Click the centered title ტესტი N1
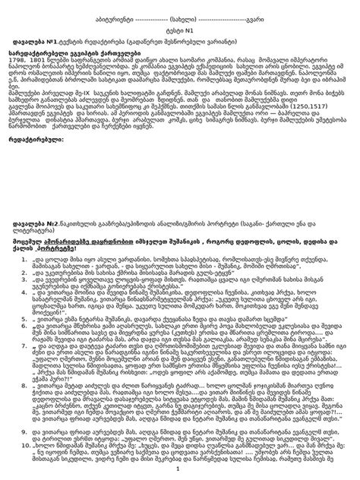coord(180,33)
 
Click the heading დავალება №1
coord(39,44)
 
